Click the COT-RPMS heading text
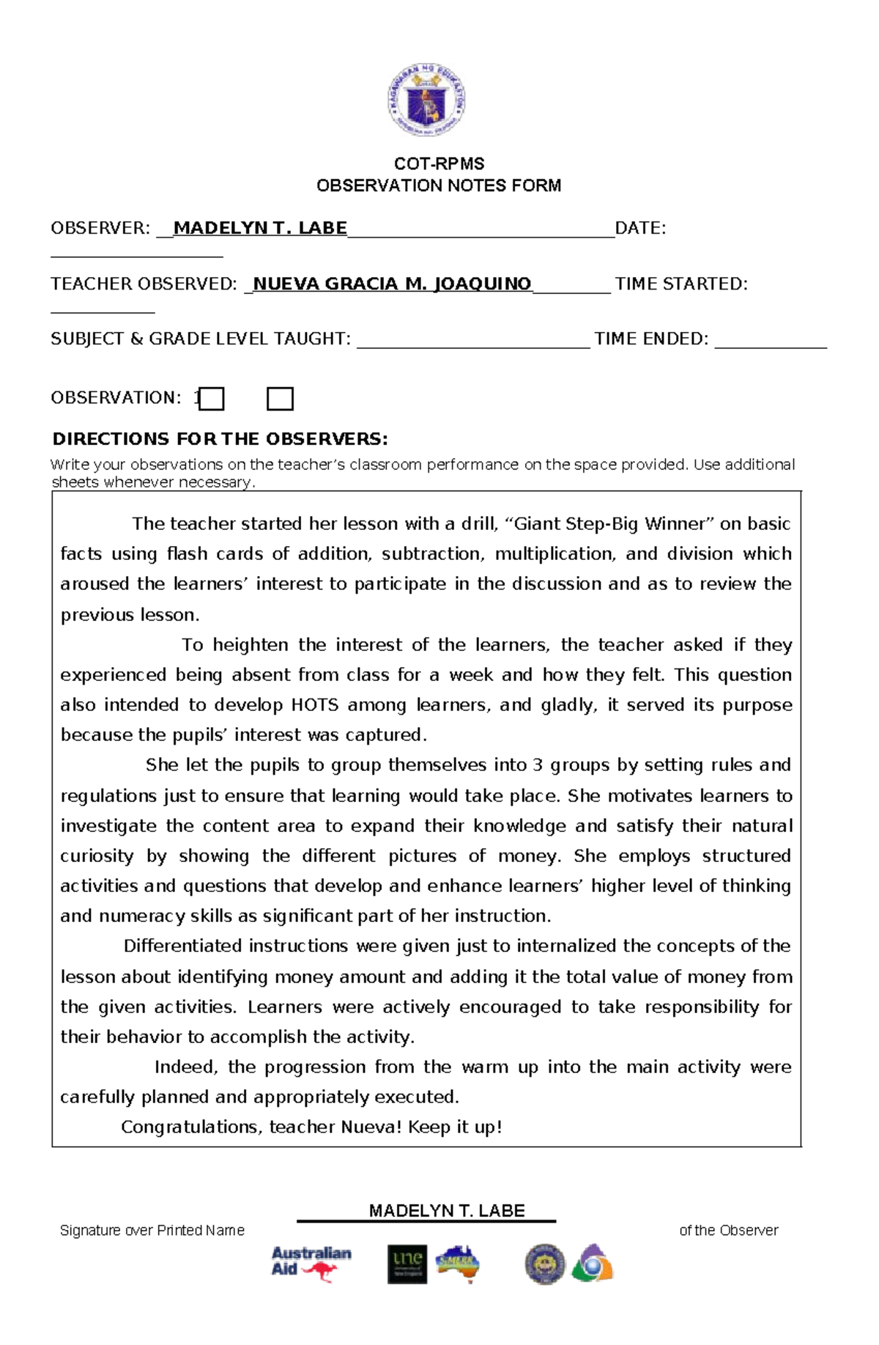(439, 163)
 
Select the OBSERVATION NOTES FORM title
(439, 185)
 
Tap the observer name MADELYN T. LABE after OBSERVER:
(260, 228)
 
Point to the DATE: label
(641, 228)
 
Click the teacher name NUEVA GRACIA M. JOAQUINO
(392, 284)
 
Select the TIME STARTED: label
(681, 284)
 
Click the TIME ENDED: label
(651, 339)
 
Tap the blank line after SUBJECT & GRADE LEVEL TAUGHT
(472, 341)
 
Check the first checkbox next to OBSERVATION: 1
(212, 399)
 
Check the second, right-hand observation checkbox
(280, 399)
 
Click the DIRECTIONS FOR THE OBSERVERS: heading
(220, 439)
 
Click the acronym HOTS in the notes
(315, 705)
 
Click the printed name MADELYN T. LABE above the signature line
(447, 1211)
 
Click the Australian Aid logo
(311, 1262)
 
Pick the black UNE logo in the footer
(407, 1264)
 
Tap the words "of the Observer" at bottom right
(728, 1231)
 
